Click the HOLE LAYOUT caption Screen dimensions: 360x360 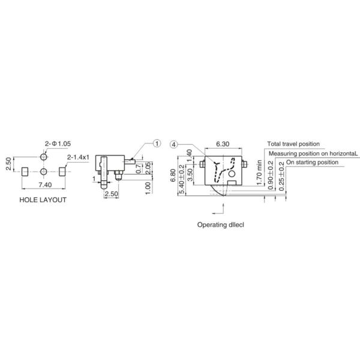click(43, 200)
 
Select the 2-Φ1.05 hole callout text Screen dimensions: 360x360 click(58, 143)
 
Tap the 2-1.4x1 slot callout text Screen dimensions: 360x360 click(78, 157)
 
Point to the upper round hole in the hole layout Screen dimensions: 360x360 click(44, 156)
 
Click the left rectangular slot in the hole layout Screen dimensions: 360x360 click(24, 172)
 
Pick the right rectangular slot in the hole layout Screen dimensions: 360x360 click(64, 172)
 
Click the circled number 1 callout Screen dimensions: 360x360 click(157, 143)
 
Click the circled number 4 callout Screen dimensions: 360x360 click(174, 144)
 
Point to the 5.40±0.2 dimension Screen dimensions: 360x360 click(182, 176)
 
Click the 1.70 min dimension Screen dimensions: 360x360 click(259, 170)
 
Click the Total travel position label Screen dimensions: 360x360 click(293, 144)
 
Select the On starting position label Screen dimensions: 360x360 click(312, 162)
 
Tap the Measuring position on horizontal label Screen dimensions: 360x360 click(313, 153)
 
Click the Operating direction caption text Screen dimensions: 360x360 click(222, 225)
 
